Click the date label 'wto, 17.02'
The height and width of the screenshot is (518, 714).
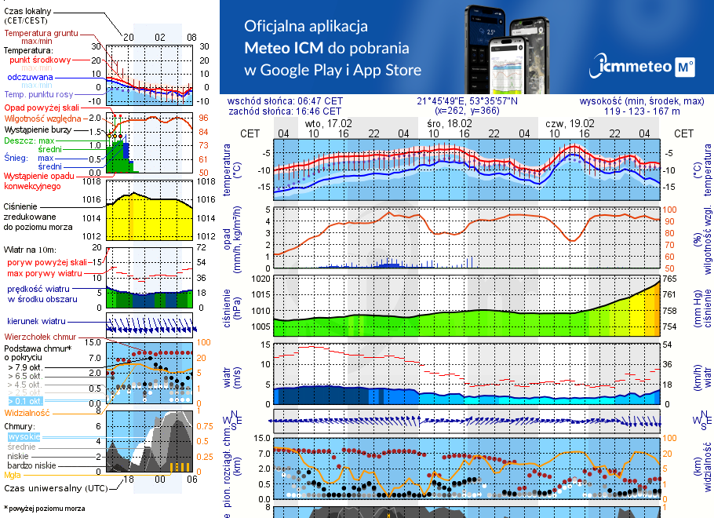(329, 123)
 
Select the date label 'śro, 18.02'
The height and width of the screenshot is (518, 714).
(450, 123)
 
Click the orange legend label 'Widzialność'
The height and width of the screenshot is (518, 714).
(27, 412)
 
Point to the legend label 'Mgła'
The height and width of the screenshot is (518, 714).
(13, 475)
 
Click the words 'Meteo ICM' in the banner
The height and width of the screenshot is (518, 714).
(282, 47)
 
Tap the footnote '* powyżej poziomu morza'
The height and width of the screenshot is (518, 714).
(45, 509)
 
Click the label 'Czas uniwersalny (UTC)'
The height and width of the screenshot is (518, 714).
(55, 488)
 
